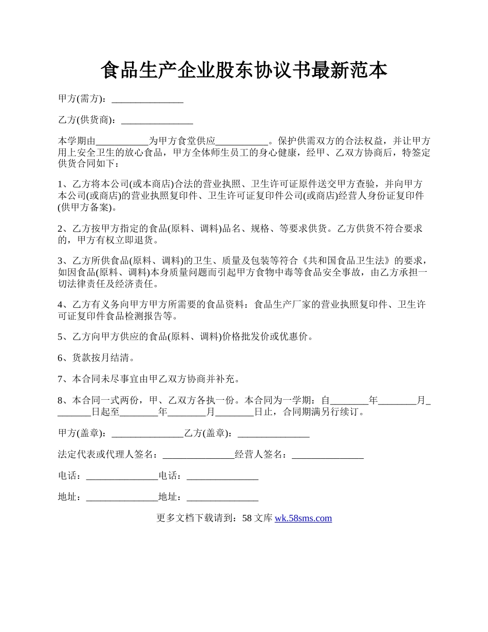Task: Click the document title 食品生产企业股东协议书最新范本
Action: pyautogui.click(x=243, y=70)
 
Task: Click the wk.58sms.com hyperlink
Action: pyautogui.click(x=303, y=518)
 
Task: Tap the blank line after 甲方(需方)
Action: pyautogui.click(x=147, y=100)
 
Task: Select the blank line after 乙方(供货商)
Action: pyautogui.click(x=157, y=121)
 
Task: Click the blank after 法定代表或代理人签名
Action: pyautogui.click(x=198, y=455)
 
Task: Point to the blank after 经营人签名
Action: pyautogui.click(x=328, y=455)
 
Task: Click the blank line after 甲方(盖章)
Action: pyautogui.click(x=147, y=434)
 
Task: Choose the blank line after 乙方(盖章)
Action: pyautogui.click(x=273, y=434)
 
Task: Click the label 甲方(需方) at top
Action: pyautogui.click(x=82, y=99)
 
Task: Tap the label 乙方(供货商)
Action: pyautogui.click(x=87, y=120)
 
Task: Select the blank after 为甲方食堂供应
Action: pyautogui.click(x=242, y=141)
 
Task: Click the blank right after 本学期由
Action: pyautogui.click(x=122, y=141)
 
